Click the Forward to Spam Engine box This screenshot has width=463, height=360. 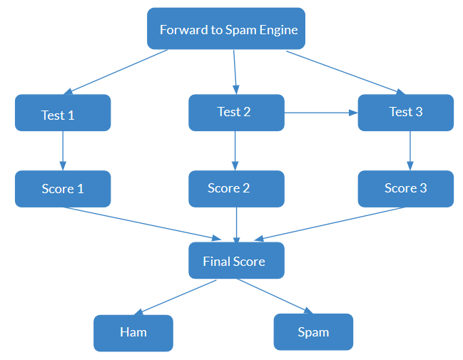point(226,29)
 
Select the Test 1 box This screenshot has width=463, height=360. point(63,113)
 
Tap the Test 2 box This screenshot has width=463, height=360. point(237,113)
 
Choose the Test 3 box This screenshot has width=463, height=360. point(406,113)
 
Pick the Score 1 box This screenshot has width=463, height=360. point(63,189)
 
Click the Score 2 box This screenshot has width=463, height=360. point(237,189)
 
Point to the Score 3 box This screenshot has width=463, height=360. point(406,189)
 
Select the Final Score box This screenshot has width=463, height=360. point(237,261)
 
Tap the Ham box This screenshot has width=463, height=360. point(133,333)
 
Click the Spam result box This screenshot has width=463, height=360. point(313,332)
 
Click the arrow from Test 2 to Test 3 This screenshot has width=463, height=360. point(321,113)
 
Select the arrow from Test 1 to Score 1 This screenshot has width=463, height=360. point(63,151)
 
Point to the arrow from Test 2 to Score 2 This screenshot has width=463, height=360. point(235,151)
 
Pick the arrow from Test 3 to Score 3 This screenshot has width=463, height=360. point(410,151)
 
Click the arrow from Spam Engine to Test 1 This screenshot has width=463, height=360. point(116,72)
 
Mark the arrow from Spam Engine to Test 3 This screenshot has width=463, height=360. point(346,73)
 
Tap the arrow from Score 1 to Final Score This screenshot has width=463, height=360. point(143,224)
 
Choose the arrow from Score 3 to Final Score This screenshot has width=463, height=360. point(330,224)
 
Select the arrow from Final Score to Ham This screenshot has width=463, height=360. point(175,297)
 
